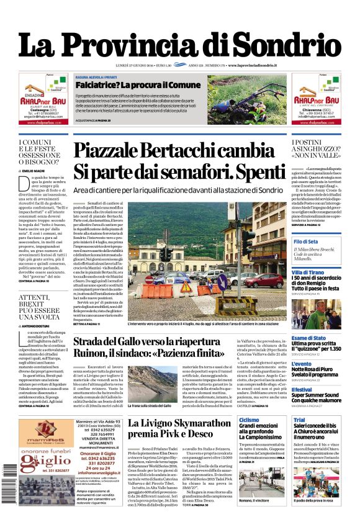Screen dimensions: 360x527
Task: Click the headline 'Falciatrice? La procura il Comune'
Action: point(138,85)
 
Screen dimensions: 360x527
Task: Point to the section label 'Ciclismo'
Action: point(250,420)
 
